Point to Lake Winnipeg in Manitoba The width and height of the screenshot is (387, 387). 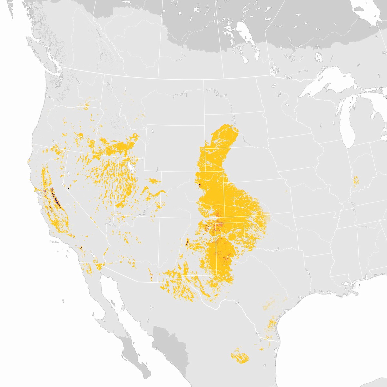pos(245,32)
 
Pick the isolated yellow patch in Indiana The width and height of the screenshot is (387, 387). pos(356,181)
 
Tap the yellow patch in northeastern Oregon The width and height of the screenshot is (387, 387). pos(86,105)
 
